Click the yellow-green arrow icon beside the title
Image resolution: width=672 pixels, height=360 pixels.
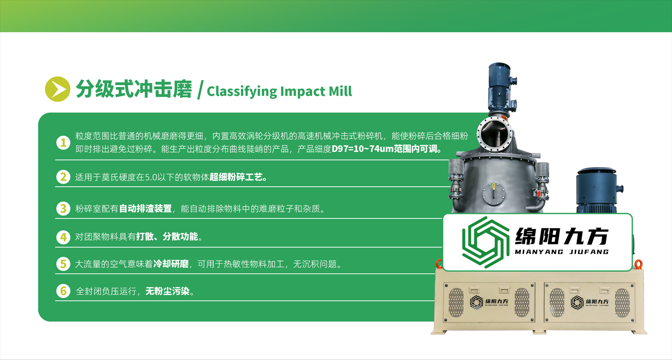click(58, 89)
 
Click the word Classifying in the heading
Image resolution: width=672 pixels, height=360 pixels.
click(242, 91)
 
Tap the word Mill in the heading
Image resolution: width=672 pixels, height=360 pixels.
click(340, 91)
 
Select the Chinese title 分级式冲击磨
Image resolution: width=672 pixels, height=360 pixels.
click(134, 89)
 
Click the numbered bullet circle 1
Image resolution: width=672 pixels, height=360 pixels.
click(63, 143)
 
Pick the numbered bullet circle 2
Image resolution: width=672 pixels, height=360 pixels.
click(63, 177)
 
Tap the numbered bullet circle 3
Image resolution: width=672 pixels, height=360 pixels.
click(63, 208)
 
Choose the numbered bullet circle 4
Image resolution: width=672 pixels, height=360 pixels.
click(63, 237)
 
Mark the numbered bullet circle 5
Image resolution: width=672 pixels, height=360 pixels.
click(63, 264)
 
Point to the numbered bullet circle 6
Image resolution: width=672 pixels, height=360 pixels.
click(63, 291)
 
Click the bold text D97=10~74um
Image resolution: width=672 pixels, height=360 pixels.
click(362, 149)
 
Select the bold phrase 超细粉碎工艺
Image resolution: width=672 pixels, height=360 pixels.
click(236, 177)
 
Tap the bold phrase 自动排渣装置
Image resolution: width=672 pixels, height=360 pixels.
click(146, 208)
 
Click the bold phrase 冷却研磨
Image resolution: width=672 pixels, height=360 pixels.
click(171, 264)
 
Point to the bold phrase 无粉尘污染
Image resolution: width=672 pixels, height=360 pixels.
click(168, 291)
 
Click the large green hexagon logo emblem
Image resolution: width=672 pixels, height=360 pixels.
click(486, 242)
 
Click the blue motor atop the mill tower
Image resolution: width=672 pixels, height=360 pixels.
click(500, 87)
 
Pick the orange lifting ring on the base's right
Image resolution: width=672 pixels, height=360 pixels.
click(638, 264)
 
